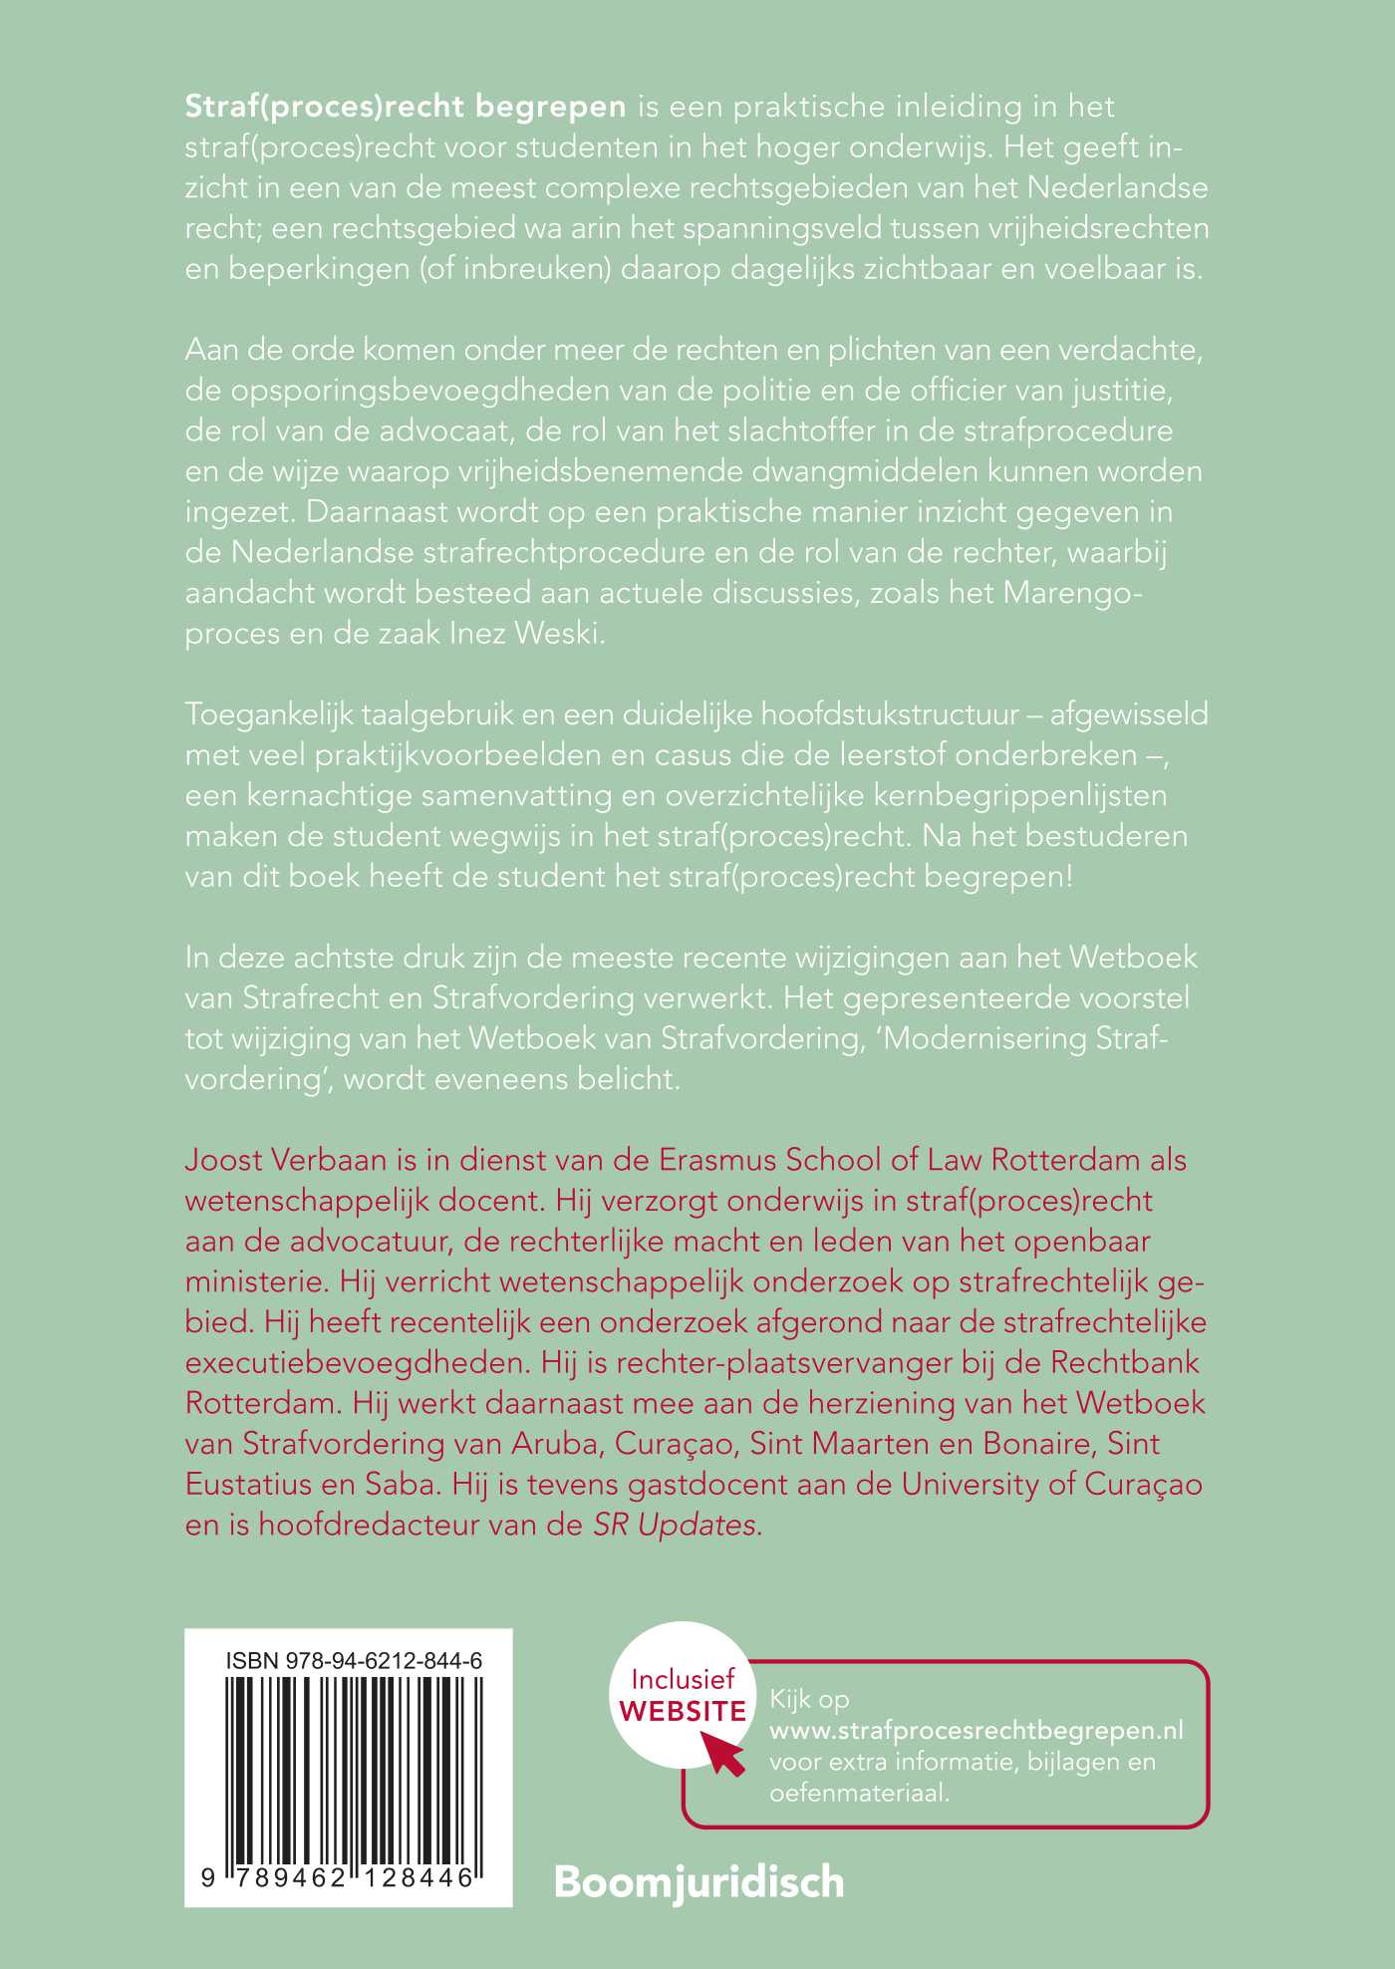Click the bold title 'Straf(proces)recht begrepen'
[x=406, y=107]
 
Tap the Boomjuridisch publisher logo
[x=698, y=1882]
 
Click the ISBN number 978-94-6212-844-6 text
[x=354, y=1660]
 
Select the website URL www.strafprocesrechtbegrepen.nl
[x=976, y=1731]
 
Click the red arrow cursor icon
[x=723, y=1751]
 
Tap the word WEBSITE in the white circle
[x=683, y=1712]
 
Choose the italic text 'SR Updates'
[x=678, y=1526]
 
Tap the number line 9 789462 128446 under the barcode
[x=339, y=1878]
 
